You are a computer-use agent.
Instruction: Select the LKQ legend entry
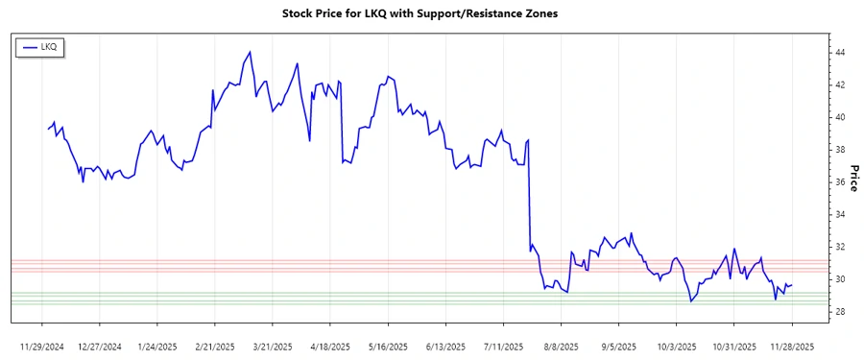(40, 46)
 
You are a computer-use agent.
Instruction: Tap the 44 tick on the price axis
(839, 52)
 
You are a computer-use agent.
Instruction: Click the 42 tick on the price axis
(839, 84)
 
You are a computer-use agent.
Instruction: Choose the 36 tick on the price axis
(839, 182)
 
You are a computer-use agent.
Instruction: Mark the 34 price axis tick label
(839, 215)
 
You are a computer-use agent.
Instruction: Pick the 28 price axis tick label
(839, 312)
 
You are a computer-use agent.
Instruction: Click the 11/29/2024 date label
(42, 345)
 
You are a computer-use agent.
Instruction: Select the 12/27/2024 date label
(100, 345)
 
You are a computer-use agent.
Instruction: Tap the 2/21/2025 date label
(215, 345)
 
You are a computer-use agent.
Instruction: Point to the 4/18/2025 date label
(330, 345)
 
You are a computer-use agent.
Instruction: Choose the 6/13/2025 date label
(445, 345)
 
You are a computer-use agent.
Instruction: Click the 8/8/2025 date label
(561, 345)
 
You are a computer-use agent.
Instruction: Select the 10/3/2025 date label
(676, 345)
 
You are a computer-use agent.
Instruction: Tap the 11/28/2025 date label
(792, 345)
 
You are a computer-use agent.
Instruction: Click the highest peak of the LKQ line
(250, 52)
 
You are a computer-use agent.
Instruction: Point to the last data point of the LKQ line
(792, 284)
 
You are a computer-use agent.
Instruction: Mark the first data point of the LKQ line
(47, 129)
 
